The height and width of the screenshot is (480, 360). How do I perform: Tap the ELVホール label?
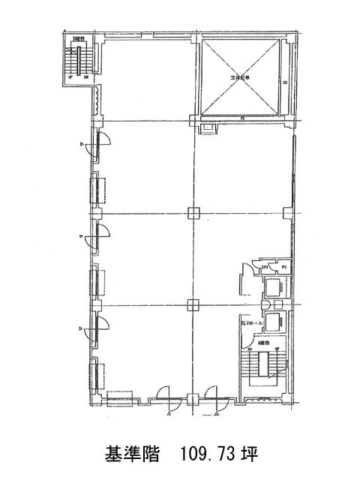pos(251,322)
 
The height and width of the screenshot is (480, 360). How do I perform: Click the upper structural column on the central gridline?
pos(193,212)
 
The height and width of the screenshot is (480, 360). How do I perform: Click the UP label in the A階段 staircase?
pos(277,349)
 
